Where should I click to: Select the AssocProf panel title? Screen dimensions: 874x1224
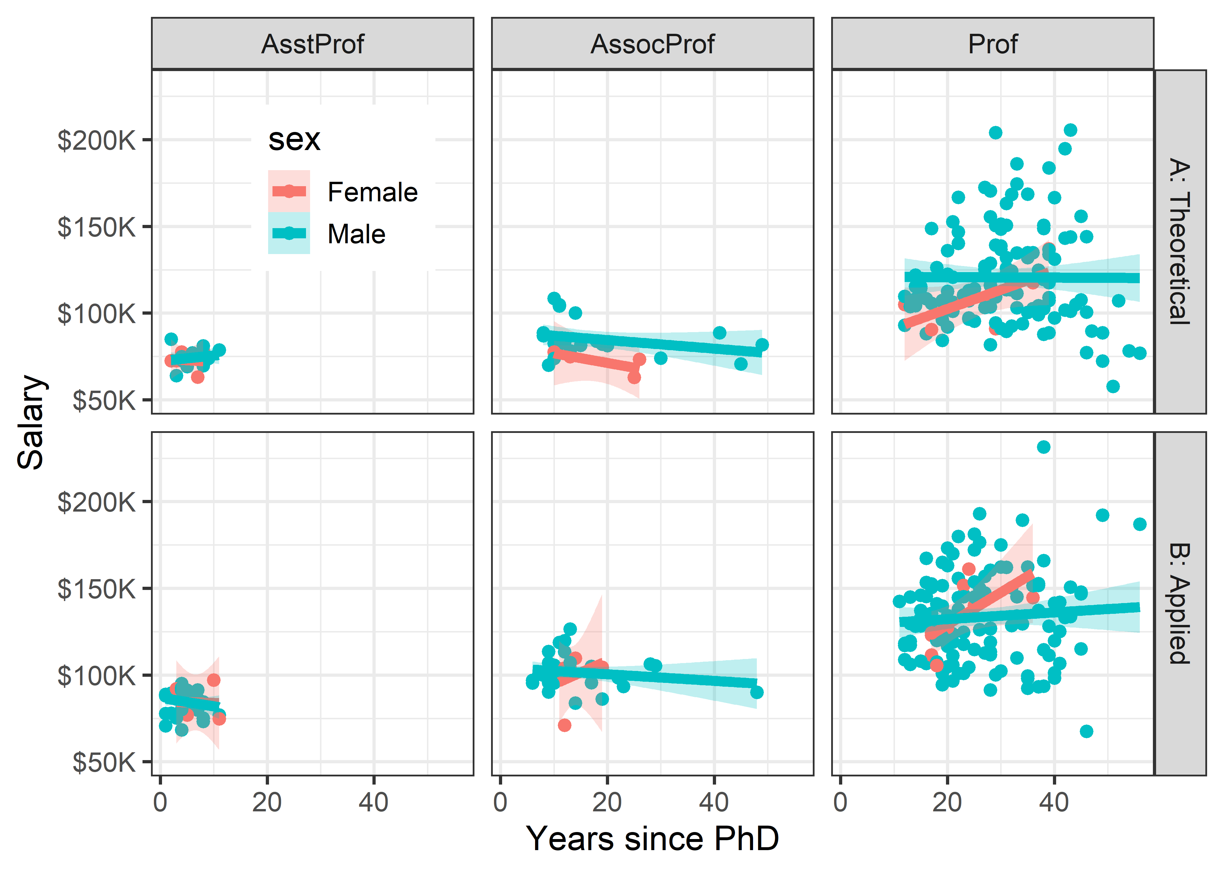pyautogui.click(x=653, y=44)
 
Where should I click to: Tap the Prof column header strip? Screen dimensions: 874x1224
pyautogui.click(x=993, y=44)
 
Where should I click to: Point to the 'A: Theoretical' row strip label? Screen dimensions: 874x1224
pyautogui.click(x=1180, y=241)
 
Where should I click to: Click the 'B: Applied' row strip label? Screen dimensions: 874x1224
pyautogui.click(x=1180, y=603)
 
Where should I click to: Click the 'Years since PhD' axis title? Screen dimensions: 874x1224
pyautogui.click(x=653, y=838)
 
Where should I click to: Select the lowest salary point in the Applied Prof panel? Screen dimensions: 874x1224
pyautogui.click(x=1086, y=731)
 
